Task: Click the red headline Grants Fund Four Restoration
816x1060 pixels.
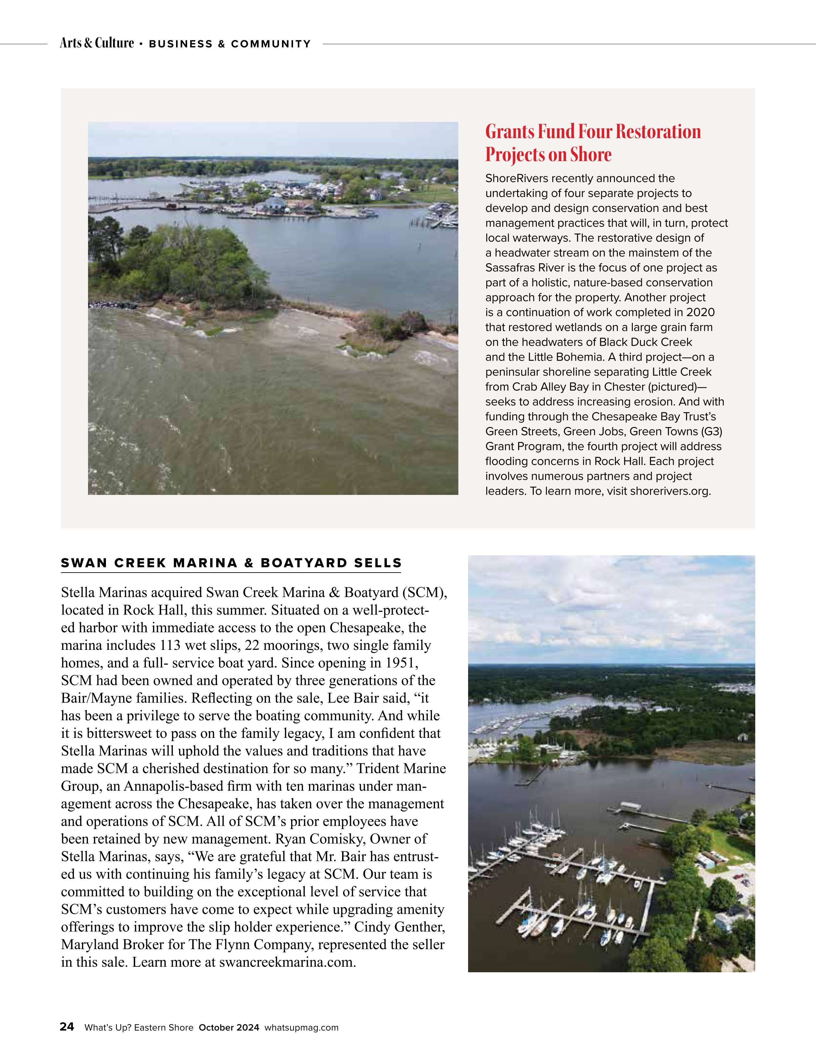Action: click(x=593, y=132)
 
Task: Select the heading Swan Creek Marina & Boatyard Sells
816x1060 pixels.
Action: click(x=231, y=563)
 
